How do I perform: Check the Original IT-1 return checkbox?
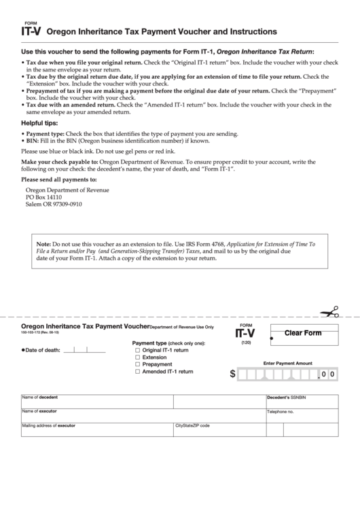tap(138, 350)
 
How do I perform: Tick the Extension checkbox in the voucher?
tap(138, 357)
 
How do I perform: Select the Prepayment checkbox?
tap(138, 365)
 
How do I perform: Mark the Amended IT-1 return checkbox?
tap(138, 372)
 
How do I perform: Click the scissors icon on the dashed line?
tap(331, 313)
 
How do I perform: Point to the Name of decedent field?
tap(95, 401)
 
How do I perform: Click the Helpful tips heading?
tap(42, 123)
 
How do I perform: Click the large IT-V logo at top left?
tap(33, 31)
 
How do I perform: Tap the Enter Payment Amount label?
tap(287, 364)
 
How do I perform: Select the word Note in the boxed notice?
tap(43, 243)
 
